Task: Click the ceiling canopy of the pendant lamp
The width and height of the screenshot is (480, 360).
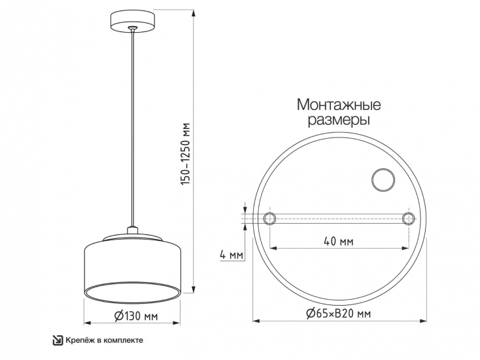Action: pyautogui.click(x=133, y=19)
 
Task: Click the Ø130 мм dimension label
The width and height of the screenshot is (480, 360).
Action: pyautogui.click(x=135, y=316)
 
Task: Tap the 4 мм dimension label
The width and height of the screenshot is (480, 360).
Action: pyautogui.click(x=232, y=253)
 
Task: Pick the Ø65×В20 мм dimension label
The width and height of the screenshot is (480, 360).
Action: pyautogui.click(x=338, y=314)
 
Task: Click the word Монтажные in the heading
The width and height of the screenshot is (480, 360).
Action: pyautogui.click(x=339, y=105)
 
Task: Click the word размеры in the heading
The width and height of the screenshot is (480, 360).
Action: pyautogui.click(x=339, y=121)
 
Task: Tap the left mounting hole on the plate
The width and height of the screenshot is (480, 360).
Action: pyautogui.click(x=268, y=219)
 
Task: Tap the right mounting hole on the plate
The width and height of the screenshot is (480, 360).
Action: pyautogui.click(x=409, y=219)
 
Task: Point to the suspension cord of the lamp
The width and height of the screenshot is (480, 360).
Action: pyautogui.click(x=133, y=131)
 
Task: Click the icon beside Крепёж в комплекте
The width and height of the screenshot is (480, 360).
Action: pyautogui.click(x=58, y=340)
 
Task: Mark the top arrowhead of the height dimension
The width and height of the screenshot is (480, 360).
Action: pyautogui.click(x=194, y=10)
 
